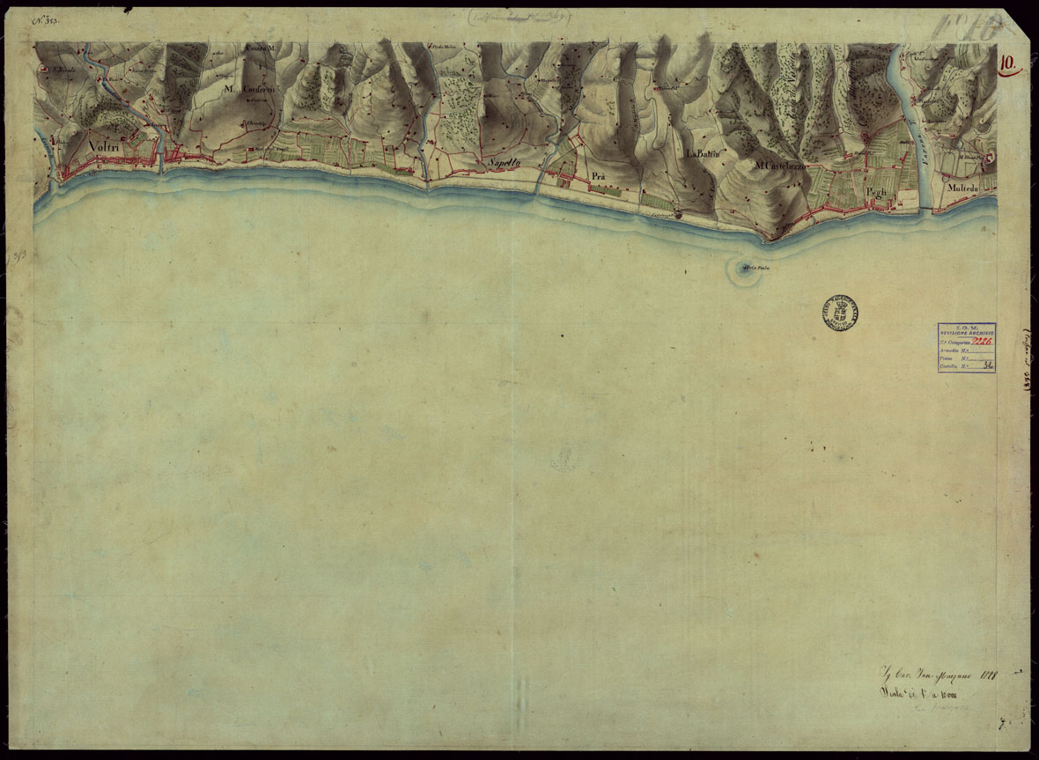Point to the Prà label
(x=601, y=177)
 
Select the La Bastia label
(x=703, y=153)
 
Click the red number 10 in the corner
(x=1009, y=63)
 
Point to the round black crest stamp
(x=841, y=312)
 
